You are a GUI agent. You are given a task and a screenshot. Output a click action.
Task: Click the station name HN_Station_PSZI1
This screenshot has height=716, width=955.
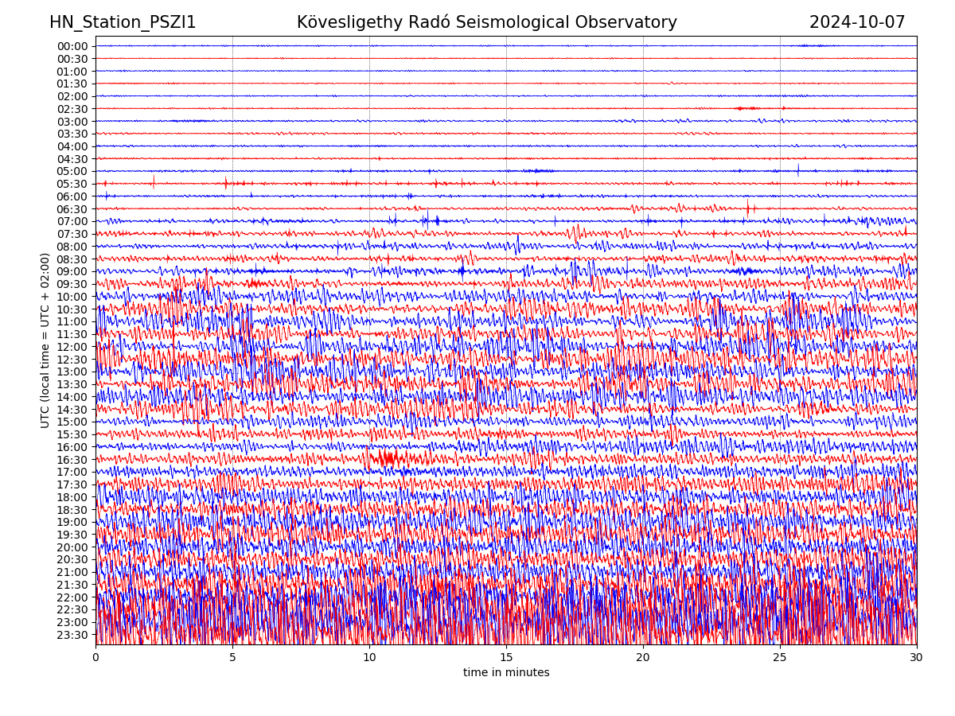click(123, 22)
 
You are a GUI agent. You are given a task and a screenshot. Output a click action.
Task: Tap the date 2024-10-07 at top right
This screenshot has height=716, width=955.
click(857, 22)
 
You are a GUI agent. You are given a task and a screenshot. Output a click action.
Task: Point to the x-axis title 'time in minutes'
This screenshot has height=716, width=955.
click(506, 673)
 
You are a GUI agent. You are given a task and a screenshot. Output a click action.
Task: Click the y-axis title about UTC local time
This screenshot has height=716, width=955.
click(45, 340)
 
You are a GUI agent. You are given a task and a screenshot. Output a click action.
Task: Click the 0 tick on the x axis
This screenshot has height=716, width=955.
click(95, 658)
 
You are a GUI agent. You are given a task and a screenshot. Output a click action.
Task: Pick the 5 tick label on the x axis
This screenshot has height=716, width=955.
click(232, 658)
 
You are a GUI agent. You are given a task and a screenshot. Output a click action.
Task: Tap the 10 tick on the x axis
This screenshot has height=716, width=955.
click(369, 658)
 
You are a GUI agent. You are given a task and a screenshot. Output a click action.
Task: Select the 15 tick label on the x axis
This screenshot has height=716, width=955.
click(506, 658)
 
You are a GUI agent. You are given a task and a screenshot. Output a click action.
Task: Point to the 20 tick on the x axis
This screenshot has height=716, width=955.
click(643, 658)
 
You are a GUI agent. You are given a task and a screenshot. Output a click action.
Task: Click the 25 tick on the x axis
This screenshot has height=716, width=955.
click(780, 658)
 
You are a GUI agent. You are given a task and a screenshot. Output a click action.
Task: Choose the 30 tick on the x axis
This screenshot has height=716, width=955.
click(917, 658)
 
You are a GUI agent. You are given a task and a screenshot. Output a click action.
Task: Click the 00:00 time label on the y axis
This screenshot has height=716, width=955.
click(72, 46)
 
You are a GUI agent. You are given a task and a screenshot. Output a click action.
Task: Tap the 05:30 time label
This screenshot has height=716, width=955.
click(72, 184)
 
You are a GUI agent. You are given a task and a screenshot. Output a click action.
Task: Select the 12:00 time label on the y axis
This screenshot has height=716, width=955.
click(72, 347)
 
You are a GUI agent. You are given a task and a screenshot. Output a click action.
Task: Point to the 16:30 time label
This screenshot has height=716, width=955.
click(72, 460)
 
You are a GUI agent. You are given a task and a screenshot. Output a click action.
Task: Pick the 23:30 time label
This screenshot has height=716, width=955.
click(72, 635)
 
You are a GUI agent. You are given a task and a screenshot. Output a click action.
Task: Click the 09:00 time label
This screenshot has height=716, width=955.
click(72, 271)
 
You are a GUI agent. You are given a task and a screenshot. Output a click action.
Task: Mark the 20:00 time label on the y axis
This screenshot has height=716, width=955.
click(72, 547)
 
